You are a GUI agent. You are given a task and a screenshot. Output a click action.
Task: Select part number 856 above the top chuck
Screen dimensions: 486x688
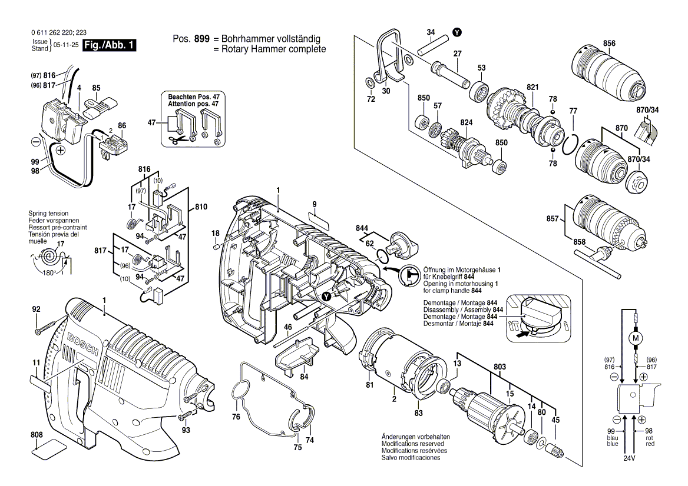pos(609,44)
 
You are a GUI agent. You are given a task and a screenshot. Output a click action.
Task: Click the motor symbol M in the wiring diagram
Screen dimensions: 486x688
pos(635,338)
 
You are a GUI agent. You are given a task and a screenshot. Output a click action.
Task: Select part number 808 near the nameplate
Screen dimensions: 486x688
pos(37,435)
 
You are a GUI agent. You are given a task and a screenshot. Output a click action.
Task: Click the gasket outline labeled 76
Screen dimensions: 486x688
pos(247,388)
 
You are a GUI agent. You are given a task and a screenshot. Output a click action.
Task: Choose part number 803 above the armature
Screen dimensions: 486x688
pos(500,367)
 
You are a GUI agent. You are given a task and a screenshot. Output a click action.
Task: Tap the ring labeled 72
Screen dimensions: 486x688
pos(369,82)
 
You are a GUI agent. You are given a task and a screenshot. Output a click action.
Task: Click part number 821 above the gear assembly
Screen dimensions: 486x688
pos(532,87)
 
